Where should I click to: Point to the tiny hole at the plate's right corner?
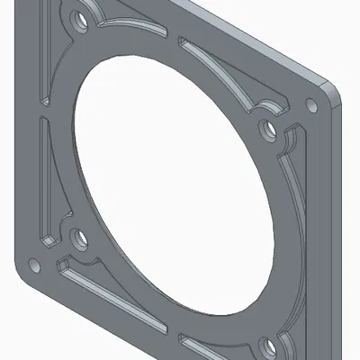pos(314,104)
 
